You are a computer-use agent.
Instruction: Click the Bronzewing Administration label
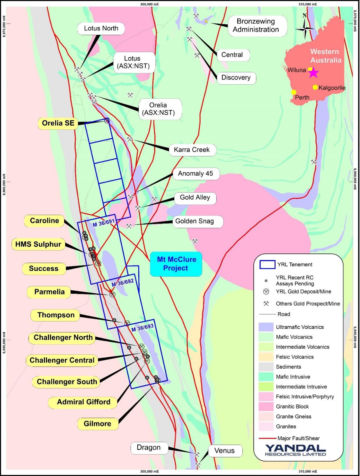256,26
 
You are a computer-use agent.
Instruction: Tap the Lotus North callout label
101,28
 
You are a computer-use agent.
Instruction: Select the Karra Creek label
192,150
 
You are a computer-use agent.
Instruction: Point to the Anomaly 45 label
195,173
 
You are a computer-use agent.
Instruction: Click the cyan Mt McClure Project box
176,264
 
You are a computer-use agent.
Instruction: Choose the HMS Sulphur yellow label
38,244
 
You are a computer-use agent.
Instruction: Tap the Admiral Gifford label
84,402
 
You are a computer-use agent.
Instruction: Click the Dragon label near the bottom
149,448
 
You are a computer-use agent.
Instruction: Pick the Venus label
224,451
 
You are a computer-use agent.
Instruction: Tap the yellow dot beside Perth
294,92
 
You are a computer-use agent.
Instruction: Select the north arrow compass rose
305,28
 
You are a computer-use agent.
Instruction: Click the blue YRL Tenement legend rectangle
267,265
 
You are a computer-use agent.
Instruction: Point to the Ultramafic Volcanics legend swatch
266,327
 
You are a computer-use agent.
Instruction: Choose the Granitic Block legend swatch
266,407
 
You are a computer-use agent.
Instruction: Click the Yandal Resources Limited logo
296,450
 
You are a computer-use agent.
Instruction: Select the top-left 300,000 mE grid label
150,4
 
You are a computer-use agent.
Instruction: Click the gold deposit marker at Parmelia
112,294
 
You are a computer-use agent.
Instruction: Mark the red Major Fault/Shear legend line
267,438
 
